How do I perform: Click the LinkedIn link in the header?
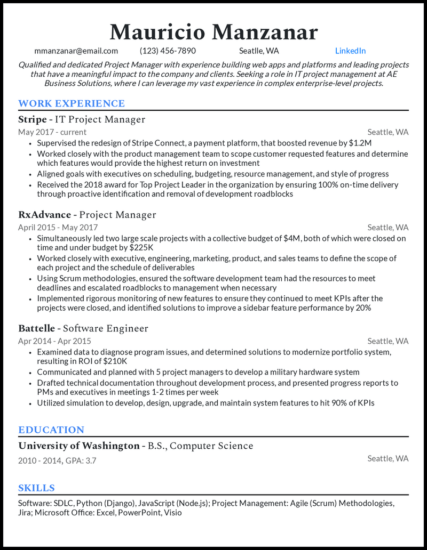350,51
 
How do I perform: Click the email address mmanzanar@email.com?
76,51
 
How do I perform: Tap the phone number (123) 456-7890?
168,51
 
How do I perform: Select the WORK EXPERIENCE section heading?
72,103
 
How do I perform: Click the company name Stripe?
32,119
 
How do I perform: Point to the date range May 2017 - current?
52,132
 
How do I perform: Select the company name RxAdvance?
44,215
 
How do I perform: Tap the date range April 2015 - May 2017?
61,228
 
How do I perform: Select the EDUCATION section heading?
51,430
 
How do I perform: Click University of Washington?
78,446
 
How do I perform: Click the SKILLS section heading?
36,488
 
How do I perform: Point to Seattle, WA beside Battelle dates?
388,341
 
